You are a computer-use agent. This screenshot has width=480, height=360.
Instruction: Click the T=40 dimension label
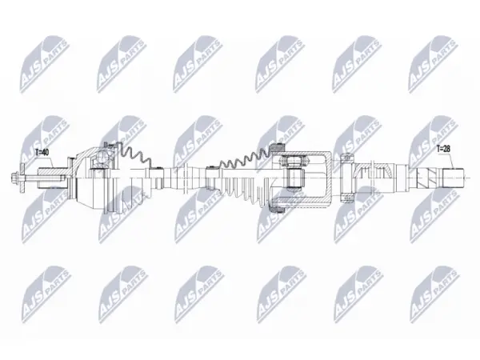(x=42, y=152)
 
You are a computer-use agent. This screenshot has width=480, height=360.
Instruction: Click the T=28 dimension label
(x=443, y=149)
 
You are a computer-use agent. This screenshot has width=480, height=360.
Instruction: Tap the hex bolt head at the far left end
(x=14, y=178)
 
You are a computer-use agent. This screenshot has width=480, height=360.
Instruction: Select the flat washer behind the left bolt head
(x=22, y=178)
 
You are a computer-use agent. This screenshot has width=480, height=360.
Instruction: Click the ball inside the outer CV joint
(x=102, y=158)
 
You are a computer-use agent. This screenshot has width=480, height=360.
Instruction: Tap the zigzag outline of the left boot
(x=134, y=155)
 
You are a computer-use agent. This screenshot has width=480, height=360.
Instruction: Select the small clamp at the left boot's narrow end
(x=158, y=167)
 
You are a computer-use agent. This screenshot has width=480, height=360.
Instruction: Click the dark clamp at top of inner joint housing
(x=278, y=147)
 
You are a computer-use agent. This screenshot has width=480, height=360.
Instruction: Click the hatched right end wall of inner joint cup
(x=330, y=178)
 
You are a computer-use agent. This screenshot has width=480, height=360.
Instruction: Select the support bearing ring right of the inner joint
(x=346, y=178)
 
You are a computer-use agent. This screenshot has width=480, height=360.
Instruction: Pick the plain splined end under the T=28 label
(x=452, y=178)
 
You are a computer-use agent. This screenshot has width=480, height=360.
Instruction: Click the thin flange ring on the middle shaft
(x=186, y=178)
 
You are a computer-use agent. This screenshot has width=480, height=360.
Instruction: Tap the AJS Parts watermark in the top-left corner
(x=43, y=64)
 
